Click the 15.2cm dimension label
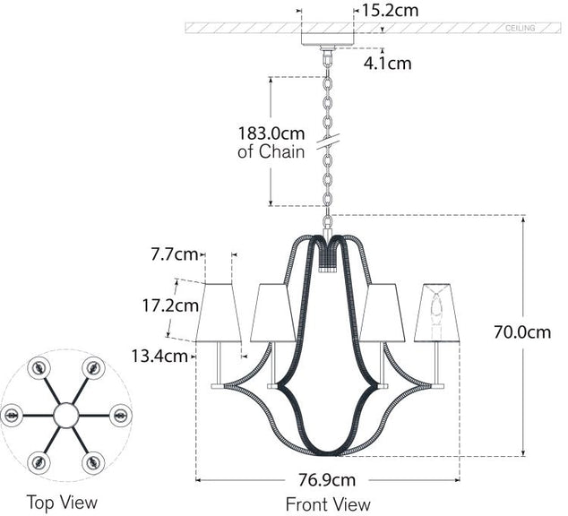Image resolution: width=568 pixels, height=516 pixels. pyautogui.click(x=390, y=11)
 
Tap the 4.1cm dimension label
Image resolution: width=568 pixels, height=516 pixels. pyautogui.click(x=387, y=63)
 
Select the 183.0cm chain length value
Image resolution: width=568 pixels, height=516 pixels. pyautogui.click(x=271, y=133)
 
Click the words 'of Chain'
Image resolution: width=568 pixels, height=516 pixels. pyautogui.click(x=271, y=152)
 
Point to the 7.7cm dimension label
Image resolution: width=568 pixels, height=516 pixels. pyautogui.click(x=175, y=254)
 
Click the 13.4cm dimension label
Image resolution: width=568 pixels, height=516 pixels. pyautogui.click(x=161, y=356)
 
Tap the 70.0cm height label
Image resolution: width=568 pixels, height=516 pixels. pyautogui.click(x=523, y=332)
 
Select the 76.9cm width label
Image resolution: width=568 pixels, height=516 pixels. pyautogui.click(x=328, y=479)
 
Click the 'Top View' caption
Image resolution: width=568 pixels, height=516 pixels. pyautogui.click(x=62, y=502)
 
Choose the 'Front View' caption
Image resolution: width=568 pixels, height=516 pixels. pyautogui.click(x=328, y=504)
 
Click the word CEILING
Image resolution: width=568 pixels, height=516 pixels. pyautogui.click(x=521, y=29)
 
